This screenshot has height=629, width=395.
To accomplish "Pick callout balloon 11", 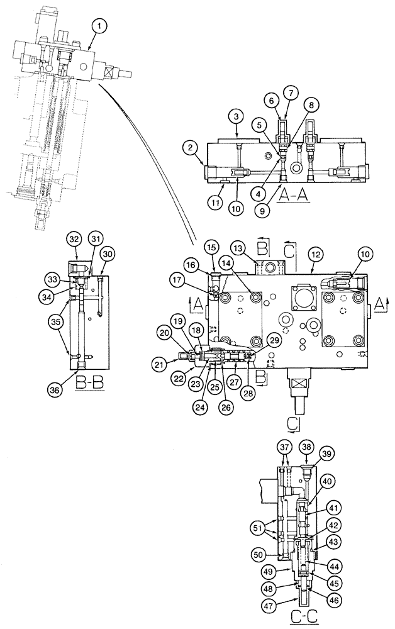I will point(215,203).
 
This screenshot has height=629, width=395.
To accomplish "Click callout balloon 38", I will point(307,446).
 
